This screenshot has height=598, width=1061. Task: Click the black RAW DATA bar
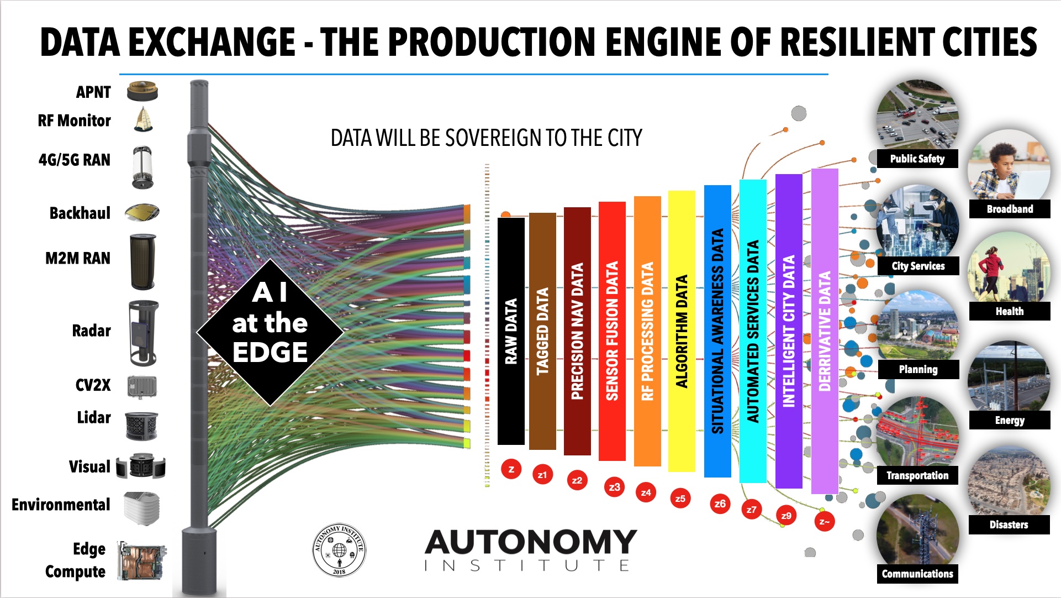[x=511, y=331]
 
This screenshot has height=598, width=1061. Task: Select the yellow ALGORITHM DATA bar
[x=682, y=331]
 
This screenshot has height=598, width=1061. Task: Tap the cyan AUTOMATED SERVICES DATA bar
[x=753, y=331]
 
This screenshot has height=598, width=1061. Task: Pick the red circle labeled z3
[x=614, y=487]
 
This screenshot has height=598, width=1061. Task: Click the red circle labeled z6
[x=720, y=503]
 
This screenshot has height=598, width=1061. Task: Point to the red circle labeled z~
[x=824, y=521]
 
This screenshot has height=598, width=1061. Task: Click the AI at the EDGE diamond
[x=270, y=332]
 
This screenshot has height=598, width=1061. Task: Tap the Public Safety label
[x=917, y=159]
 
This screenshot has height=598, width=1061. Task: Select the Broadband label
[x=1010, y=209]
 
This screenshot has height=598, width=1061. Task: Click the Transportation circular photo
[x=917, y=438]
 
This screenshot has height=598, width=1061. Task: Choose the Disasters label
[x=1009, y=524]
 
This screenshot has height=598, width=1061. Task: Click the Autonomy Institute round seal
[x=339, y=550]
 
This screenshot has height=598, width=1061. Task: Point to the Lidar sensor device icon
[x=141, y=426]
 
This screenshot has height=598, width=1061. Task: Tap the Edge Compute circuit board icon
[x=142, y=560]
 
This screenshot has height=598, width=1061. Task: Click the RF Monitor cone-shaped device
[x=143, y=119]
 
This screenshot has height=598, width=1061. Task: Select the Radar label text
[x=91, y=331]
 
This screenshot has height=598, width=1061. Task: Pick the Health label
[x=1010, y=311]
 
